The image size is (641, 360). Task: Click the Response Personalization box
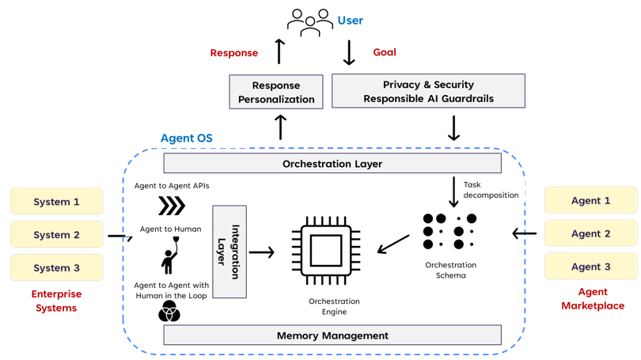point(276,92)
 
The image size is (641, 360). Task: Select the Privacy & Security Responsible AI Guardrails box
point(428,91)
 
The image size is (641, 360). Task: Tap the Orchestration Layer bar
point(332,164)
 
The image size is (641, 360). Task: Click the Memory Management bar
point(332,335)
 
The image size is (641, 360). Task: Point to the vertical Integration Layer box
point(229,252)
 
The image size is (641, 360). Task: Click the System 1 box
point(56,202)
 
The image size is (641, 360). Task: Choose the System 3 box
point(56,267)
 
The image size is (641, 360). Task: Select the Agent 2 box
point(590,233)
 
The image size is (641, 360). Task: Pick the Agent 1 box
point(590,201)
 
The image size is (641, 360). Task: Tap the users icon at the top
point(309,22)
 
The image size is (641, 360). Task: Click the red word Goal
point(384,52)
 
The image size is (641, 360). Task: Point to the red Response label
point(233,53)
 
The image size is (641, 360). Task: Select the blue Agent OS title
point(186,138)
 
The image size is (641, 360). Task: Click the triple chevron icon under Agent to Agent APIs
point(171,206)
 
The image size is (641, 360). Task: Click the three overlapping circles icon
point(169,313)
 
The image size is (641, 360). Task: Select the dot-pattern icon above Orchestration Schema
point(449,231)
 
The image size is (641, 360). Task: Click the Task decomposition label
point(491,190)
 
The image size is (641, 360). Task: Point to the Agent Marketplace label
point(592,298)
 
